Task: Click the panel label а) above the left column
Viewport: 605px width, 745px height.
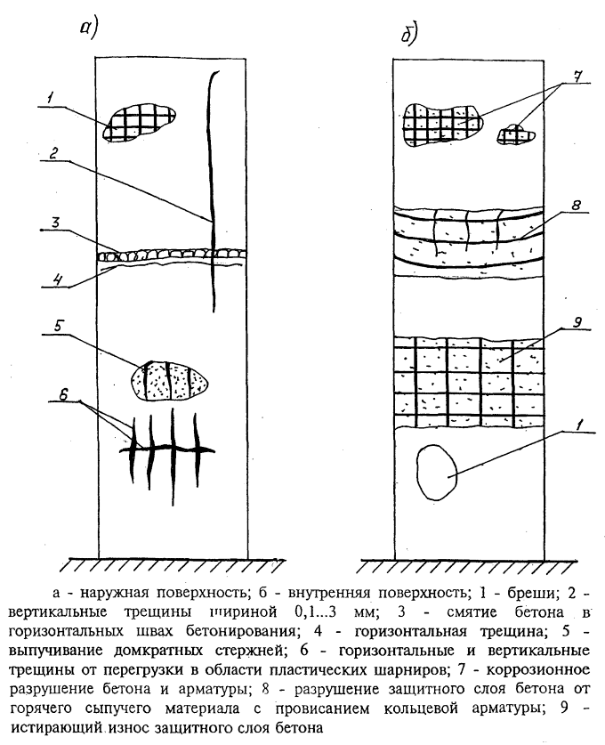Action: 88,30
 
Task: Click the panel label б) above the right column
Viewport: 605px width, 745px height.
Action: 408,34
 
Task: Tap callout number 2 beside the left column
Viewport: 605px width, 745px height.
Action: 53,153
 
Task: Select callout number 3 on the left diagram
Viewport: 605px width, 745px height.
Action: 56,223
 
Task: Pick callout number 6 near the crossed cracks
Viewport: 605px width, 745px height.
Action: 64,394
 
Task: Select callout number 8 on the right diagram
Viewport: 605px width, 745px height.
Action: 577,205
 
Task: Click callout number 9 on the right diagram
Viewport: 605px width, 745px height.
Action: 577,322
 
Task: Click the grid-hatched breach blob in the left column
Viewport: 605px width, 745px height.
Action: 139,123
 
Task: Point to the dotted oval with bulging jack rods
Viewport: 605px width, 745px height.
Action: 170,381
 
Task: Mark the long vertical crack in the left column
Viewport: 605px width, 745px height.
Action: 212,191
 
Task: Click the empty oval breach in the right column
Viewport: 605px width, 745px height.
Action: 436,472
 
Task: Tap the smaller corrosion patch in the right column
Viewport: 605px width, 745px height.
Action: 516,134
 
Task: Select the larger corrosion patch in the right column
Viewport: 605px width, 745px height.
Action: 442,124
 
